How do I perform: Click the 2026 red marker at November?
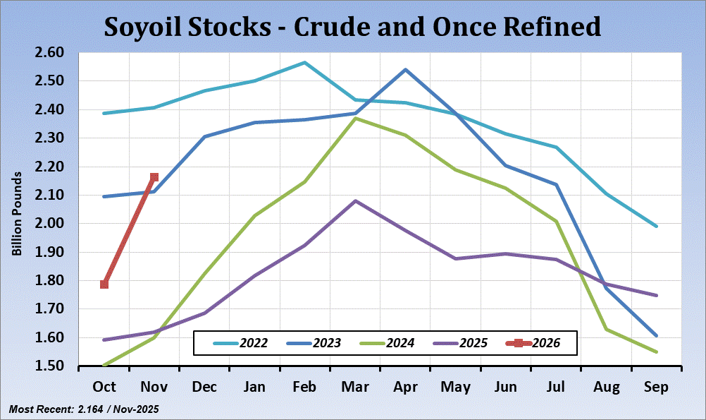[154, 177]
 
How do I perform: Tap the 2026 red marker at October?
[104, 284]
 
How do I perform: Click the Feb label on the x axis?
[304, 388]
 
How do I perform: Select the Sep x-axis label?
[657, 388]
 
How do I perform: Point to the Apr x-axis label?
[404, 388]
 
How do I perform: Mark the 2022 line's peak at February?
[304, 62]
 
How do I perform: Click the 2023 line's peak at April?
[405, 69]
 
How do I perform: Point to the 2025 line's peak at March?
[355, 200]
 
